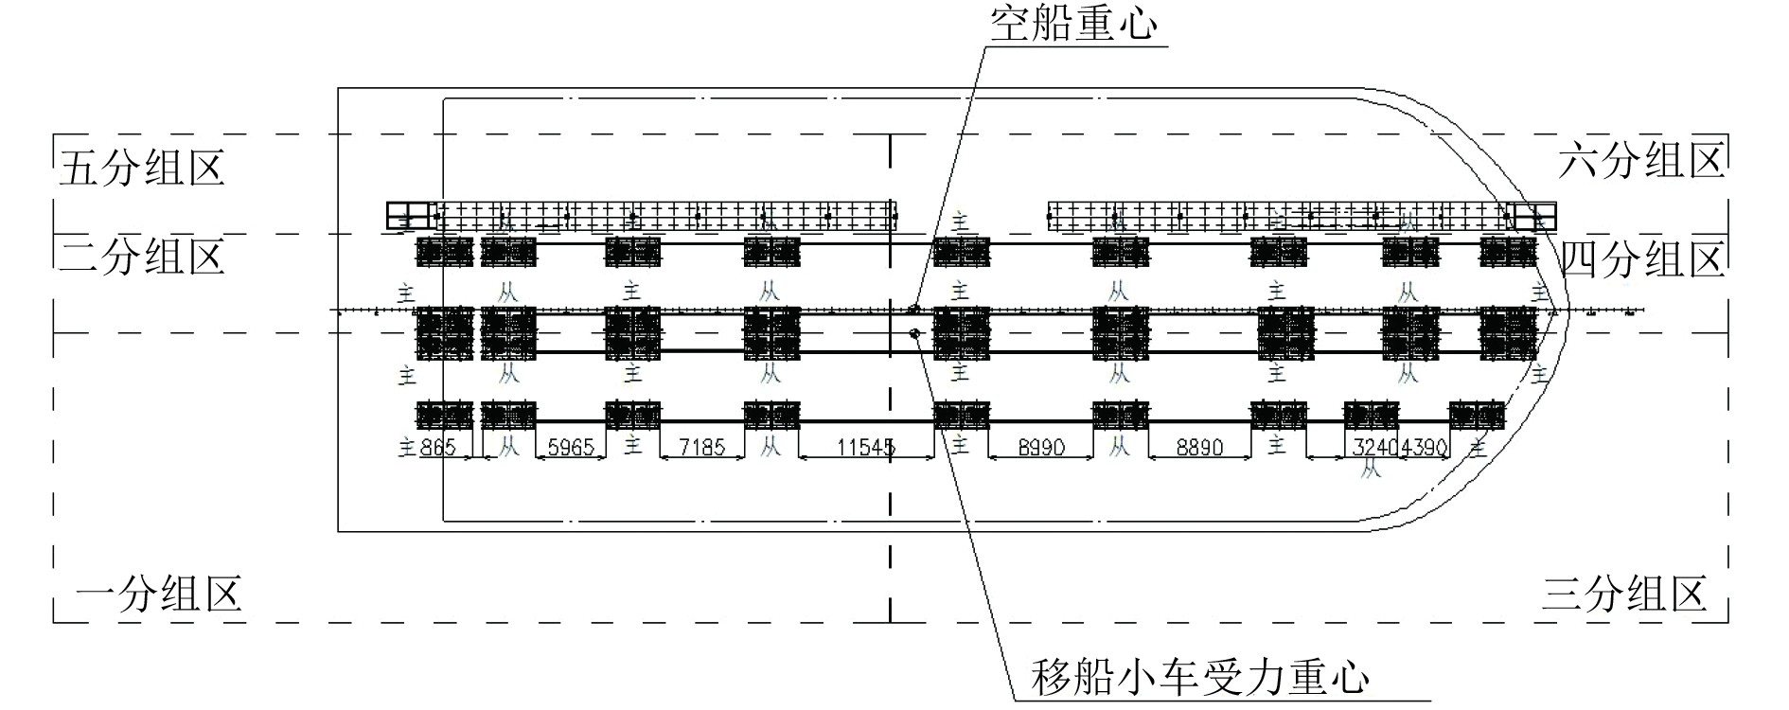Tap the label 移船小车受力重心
click(1200, 678)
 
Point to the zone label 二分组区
click(141, 257)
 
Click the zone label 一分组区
click(158, 595)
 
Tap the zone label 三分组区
click(1624, 595)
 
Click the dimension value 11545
click(866, 447)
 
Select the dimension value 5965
click(571, 447)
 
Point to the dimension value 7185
click(701, 447)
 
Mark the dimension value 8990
click(1041, 447)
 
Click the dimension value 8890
click(1199, 447)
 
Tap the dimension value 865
click(437, 447)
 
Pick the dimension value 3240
click(1375, 447)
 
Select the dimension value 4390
click(1425, 447)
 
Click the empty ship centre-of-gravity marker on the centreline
click(913, 309)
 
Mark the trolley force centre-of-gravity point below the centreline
click(914, 332)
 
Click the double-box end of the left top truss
click(408, 216)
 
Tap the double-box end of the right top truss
click(1533, 216)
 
